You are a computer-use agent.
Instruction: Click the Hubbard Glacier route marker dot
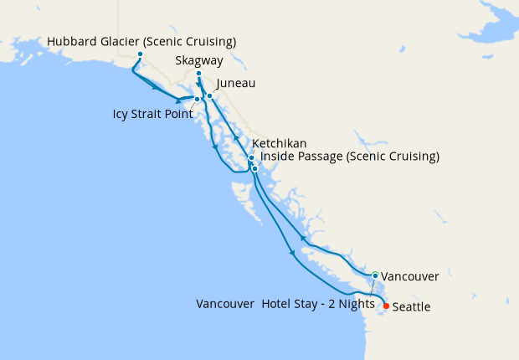pos(140,55)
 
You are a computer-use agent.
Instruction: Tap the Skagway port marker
pos(198,75)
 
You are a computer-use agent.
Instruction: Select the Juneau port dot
pos(210,96)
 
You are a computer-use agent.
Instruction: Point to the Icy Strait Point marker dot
pos(197,100)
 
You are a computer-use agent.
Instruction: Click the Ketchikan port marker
pos(251,158)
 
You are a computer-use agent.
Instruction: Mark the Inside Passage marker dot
pos(254,169)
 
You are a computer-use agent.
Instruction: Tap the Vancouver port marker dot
pos(376,275)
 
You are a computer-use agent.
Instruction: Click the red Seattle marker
pos(386,306)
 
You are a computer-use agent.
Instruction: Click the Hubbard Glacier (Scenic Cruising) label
pos(141,42)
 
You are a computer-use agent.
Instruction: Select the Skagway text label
pos(199,61)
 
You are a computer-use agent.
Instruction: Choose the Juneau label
pos(235,84)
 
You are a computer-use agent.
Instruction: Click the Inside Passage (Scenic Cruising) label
pos(350,157)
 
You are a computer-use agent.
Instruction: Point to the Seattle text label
pos(412,307)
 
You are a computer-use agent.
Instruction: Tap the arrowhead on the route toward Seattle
pos(291,252)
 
